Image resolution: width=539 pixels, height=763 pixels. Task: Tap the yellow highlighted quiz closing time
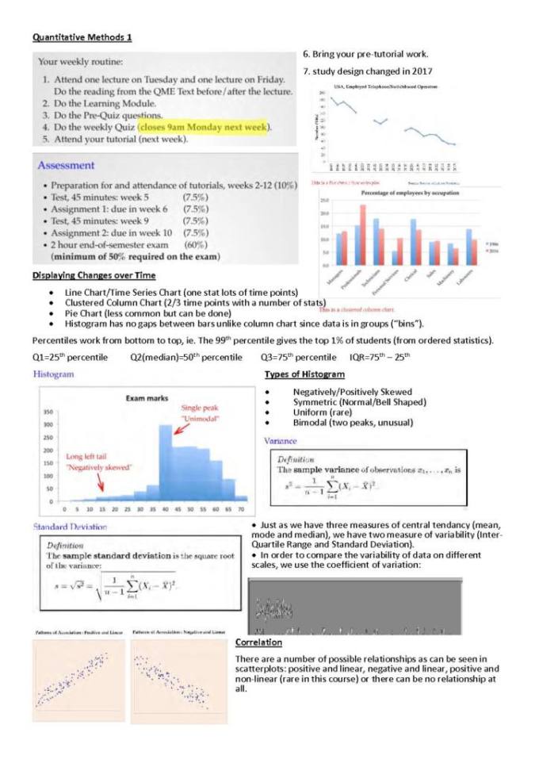click(x=205, y=127)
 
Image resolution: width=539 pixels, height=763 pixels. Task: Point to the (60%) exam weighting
click(x=195, y=245)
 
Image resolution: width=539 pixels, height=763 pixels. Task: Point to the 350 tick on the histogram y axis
click(x=48, y=412)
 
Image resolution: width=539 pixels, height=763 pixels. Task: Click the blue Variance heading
click(x=281, y=440)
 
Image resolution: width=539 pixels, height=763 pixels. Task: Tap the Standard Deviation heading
click(x=71, y=527)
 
